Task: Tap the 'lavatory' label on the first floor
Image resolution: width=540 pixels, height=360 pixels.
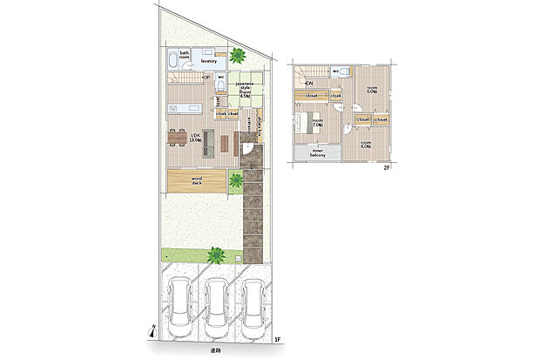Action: click(x=208, y=61)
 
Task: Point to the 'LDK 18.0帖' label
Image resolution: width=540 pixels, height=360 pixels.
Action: click(x=197, y=137)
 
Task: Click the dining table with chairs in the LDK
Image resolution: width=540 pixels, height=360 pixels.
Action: click(x=179, y=137)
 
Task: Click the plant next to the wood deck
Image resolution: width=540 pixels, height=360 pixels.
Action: click(x=236, y=181)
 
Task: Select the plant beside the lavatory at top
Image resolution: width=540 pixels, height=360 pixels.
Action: click(x=237, y=56)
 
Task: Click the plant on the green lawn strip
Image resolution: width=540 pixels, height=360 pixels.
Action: click(x=215, y=255)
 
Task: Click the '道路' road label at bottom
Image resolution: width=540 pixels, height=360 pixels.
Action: click(x=214, y=350)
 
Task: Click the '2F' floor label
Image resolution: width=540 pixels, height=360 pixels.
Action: click(x=386, y=169)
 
